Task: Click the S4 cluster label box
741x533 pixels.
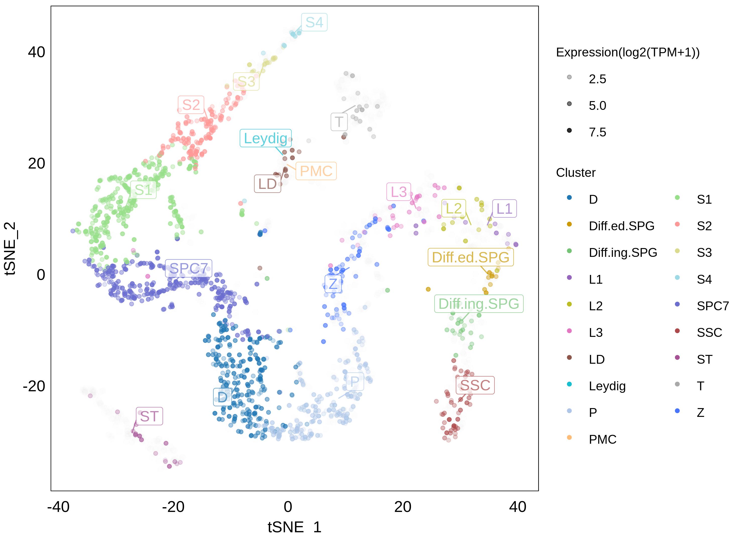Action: tap(314, 22)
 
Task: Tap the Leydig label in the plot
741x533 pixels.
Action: tap(265, 138)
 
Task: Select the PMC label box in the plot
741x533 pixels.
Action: tap(316, 171)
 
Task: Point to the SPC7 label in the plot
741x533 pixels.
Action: tap(189, 268)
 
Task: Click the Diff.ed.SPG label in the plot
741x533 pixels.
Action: tap(470, 257)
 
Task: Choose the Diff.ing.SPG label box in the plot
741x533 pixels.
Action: tap(479, 303)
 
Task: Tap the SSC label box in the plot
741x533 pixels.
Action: tap(475, 385)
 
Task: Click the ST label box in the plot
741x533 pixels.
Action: tap(149, 416)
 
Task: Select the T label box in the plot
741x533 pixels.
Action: tap(339, 122)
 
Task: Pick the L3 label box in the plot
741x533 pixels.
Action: tap(399, 192)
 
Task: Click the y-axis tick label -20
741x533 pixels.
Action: tap(34, 386)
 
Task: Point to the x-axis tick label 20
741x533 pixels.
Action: tap(403, 507)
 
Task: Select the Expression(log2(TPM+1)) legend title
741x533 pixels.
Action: tap(628, 52)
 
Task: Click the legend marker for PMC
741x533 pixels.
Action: tap(569, 437)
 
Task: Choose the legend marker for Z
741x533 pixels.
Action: tap(677, 411)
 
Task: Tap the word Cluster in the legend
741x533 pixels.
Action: tap(576, 173)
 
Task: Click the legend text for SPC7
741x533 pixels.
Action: tap(713, 306)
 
